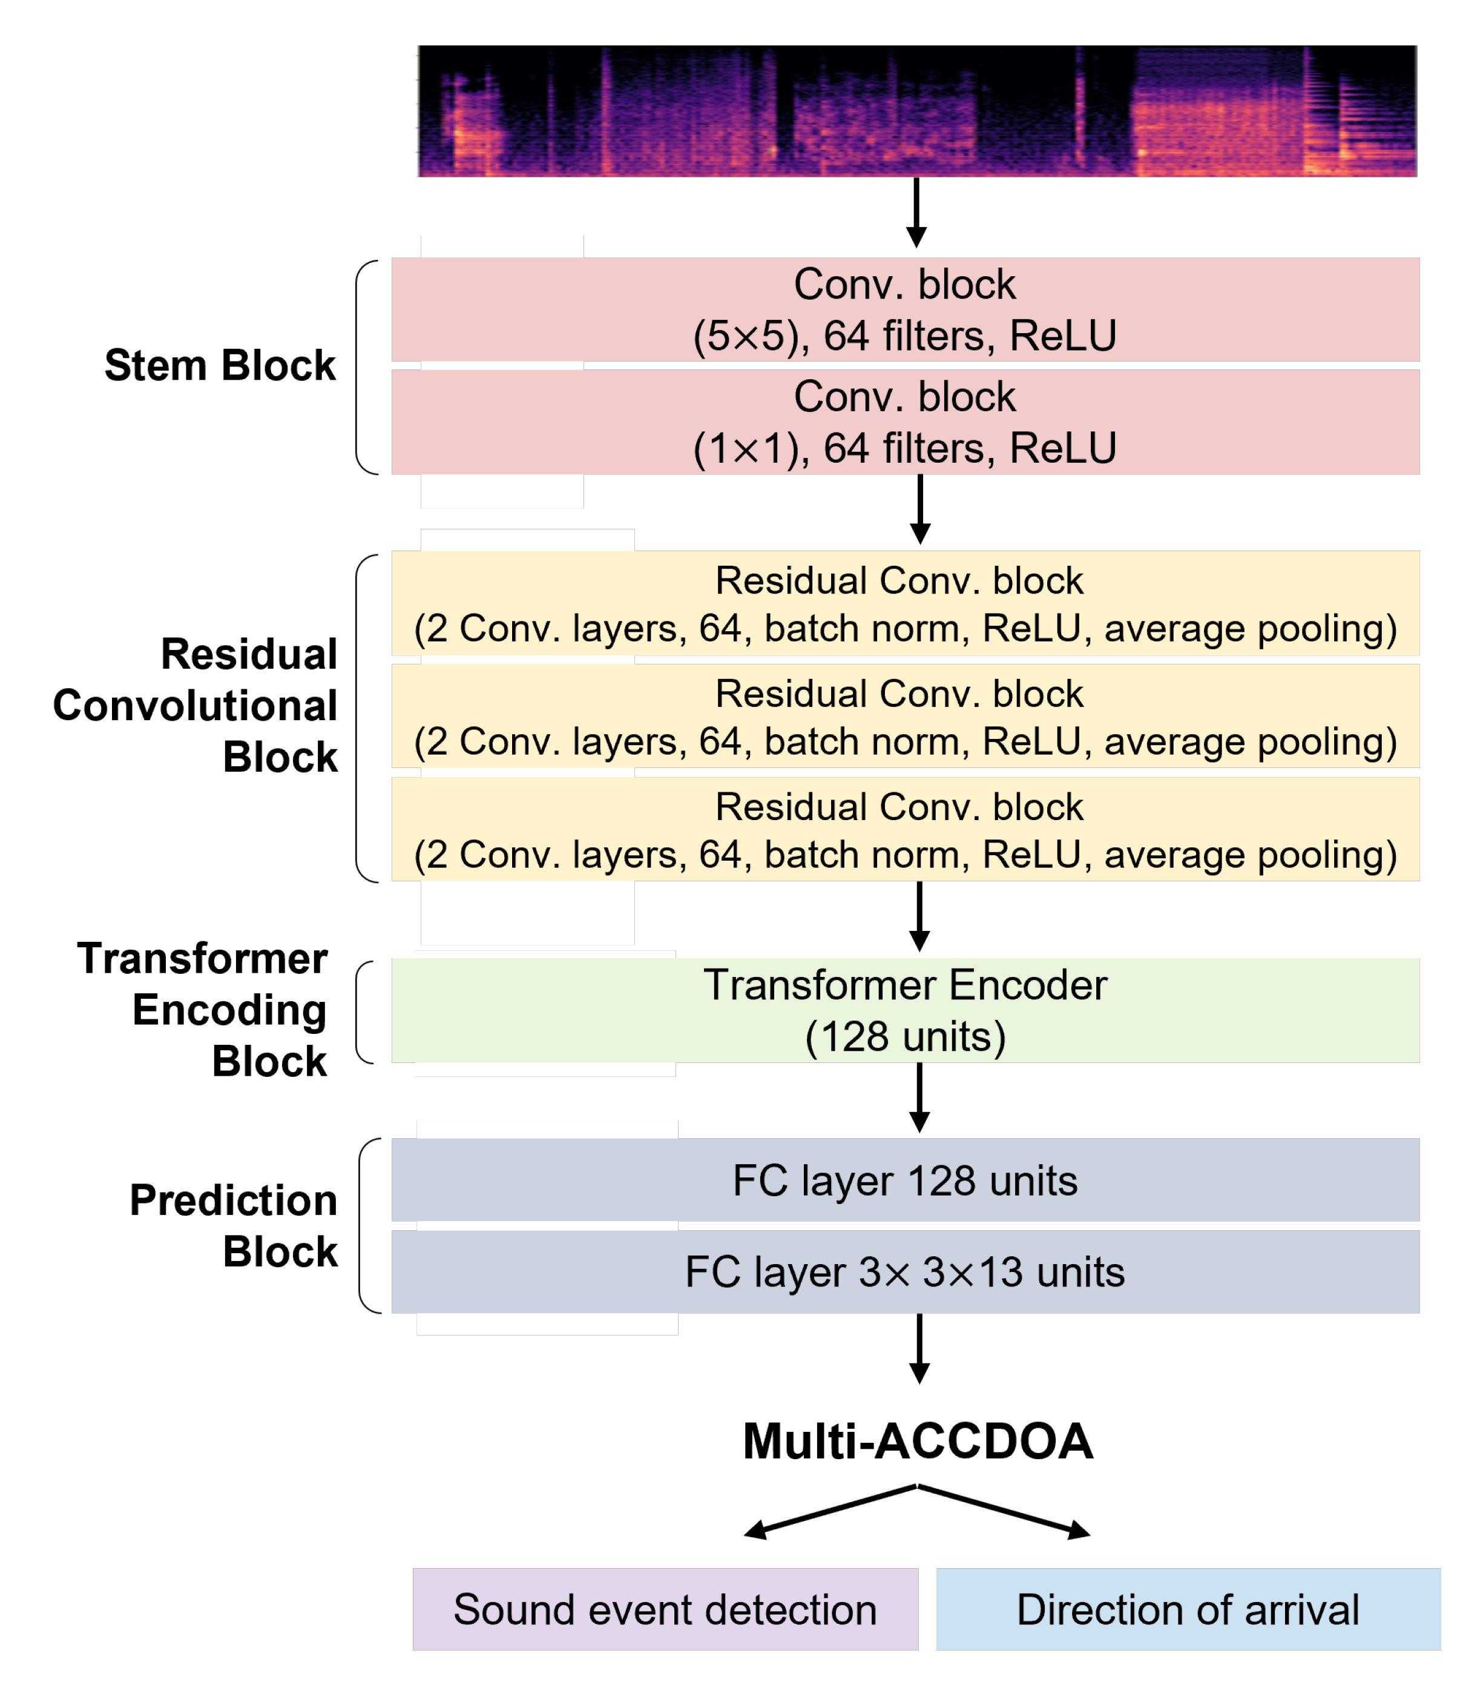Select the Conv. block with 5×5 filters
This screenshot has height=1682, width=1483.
905,310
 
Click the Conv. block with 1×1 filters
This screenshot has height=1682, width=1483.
905,422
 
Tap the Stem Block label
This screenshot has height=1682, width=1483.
220,365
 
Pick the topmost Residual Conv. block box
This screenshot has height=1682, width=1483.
905,603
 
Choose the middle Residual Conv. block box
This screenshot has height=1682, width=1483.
905,717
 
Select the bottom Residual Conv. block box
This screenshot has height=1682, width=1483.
905,829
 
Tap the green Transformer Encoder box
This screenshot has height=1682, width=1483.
905,1010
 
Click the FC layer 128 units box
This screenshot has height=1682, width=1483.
905,1180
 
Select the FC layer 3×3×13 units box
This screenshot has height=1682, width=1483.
905,1271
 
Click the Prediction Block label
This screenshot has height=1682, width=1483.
234,1225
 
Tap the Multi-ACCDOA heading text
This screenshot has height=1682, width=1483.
917,1442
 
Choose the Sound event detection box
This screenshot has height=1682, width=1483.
665,1609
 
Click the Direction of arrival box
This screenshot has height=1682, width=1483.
1188,1609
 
